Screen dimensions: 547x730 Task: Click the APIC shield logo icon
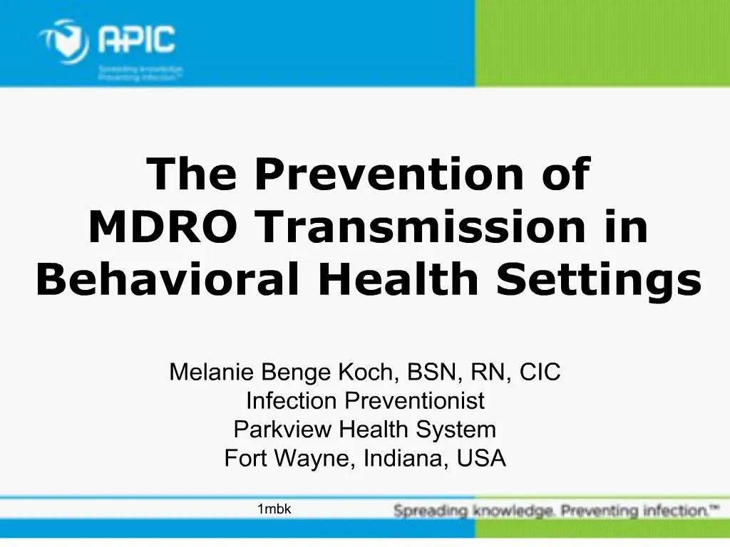click(64, 41)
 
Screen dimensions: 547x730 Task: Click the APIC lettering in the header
click(136, 38)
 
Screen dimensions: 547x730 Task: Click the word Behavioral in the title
click(168, 280)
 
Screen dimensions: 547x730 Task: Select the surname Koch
click(375, 372)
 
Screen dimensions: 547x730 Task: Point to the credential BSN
click(431, 372)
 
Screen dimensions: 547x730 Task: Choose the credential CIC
click(540, 372)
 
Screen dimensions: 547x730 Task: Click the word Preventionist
click(415, 401)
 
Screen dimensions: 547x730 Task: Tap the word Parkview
click(283, 430)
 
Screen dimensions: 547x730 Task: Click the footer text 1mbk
click(274, 509)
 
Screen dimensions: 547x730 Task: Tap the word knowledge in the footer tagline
click(514, 511)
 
